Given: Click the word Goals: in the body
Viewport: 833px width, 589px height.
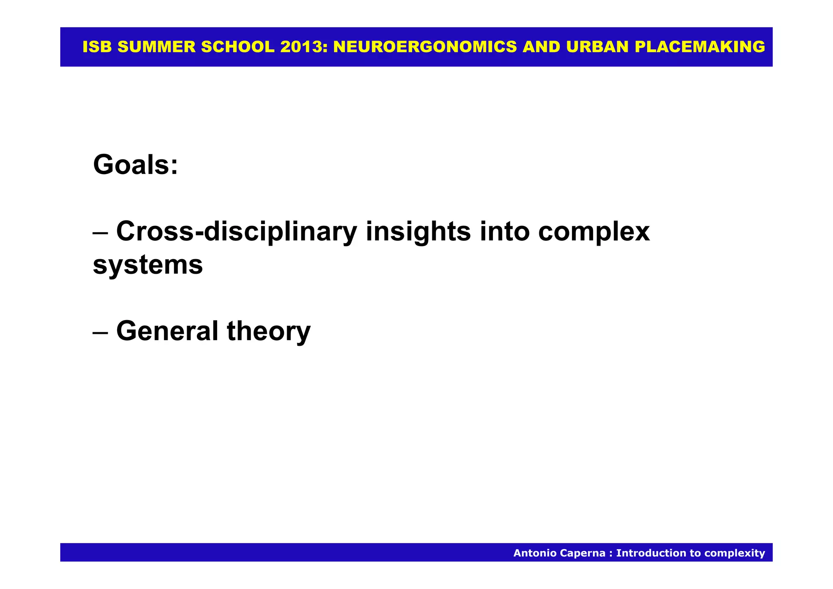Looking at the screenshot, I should pyautogui.click(x=135, y=165).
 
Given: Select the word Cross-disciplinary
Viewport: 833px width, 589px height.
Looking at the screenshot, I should pyautogui.click(x=236, y=232).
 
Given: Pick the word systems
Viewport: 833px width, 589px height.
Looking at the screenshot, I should pyautogui.click(x=148, y=265).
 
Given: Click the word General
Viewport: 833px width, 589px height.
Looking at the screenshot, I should pyautogui.click(x=167, y=331).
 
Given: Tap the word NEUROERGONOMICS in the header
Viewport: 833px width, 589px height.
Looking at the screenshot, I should pyautogui.click(x=425, y=47).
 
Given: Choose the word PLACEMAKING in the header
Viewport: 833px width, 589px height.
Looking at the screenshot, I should pyautogui.click(x=700, y=47).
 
